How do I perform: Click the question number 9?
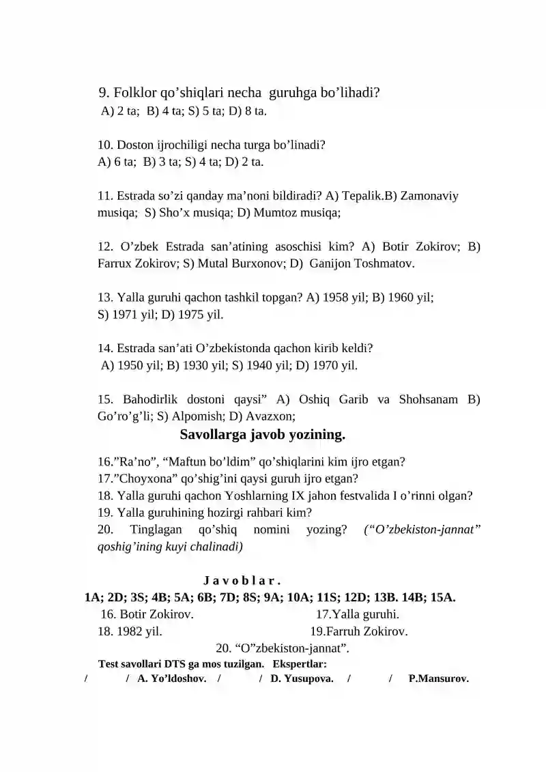click(104, 93)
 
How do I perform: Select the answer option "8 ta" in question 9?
click(255, 111)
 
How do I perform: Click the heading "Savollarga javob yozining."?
click(263, 435)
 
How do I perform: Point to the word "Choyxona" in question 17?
click(145, 479)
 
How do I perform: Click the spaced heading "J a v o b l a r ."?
click(242, 581)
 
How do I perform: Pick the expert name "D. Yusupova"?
click(302, 678)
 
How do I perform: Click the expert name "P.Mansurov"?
click(438, 678)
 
